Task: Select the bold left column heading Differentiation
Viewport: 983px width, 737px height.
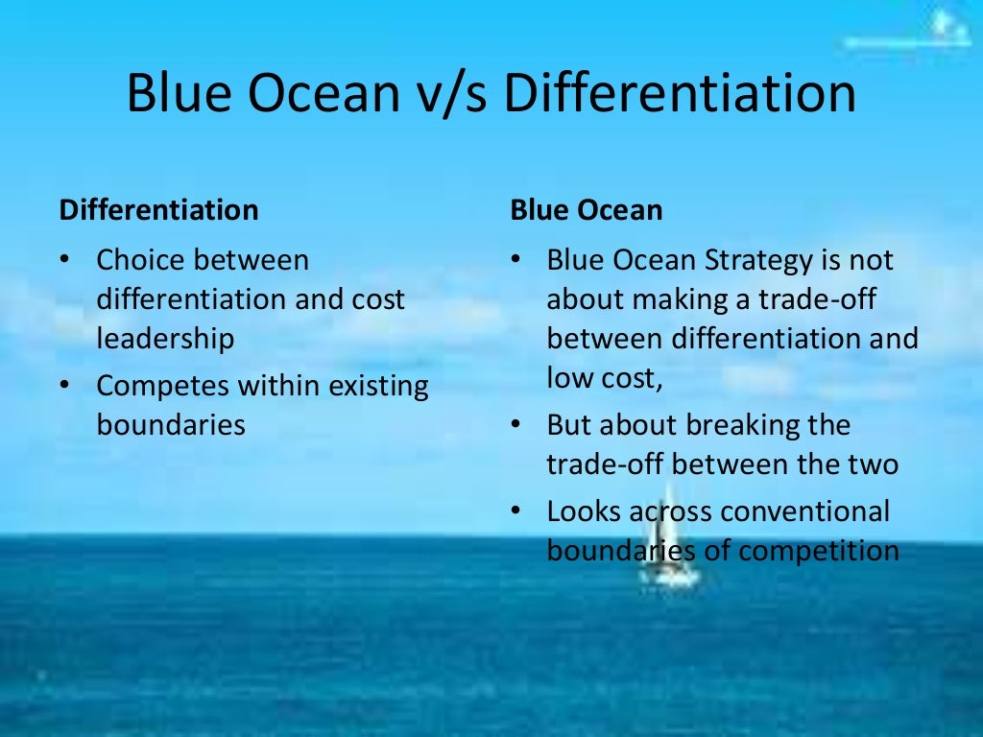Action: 158,210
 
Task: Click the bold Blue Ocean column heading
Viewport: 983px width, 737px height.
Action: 586,210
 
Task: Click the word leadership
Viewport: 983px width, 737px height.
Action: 165,338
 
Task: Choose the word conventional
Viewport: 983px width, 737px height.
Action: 804,511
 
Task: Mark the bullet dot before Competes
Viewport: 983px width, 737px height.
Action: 65,387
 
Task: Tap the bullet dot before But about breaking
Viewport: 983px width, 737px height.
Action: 515,425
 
